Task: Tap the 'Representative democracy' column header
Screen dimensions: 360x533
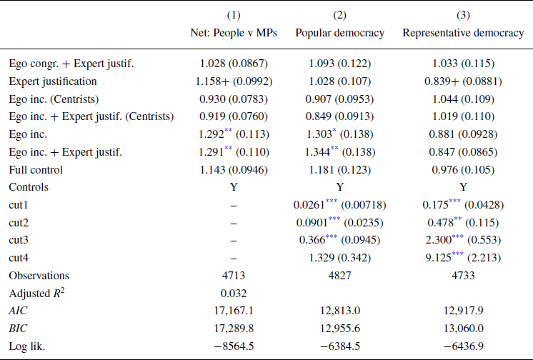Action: pyautogui.click(x=462, y=33)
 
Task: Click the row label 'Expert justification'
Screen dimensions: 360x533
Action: pyautogui.click(x=53, y=81)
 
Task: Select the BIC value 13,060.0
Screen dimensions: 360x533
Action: pyautogui.click(x=462, y=328)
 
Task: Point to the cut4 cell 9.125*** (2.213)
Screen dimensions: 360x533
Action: pyautogui.click(x=462, y=257)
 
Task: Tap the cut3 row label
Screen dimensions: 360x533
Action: pyautogui.click(x=20, y=240)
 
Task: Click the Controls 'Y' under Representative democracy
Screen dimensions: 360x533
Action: pyautogui.click(x=462, y=187)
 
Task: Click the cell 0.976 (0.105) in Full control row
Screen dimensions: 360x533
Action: pyautogui.click(x=462, y=169)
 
